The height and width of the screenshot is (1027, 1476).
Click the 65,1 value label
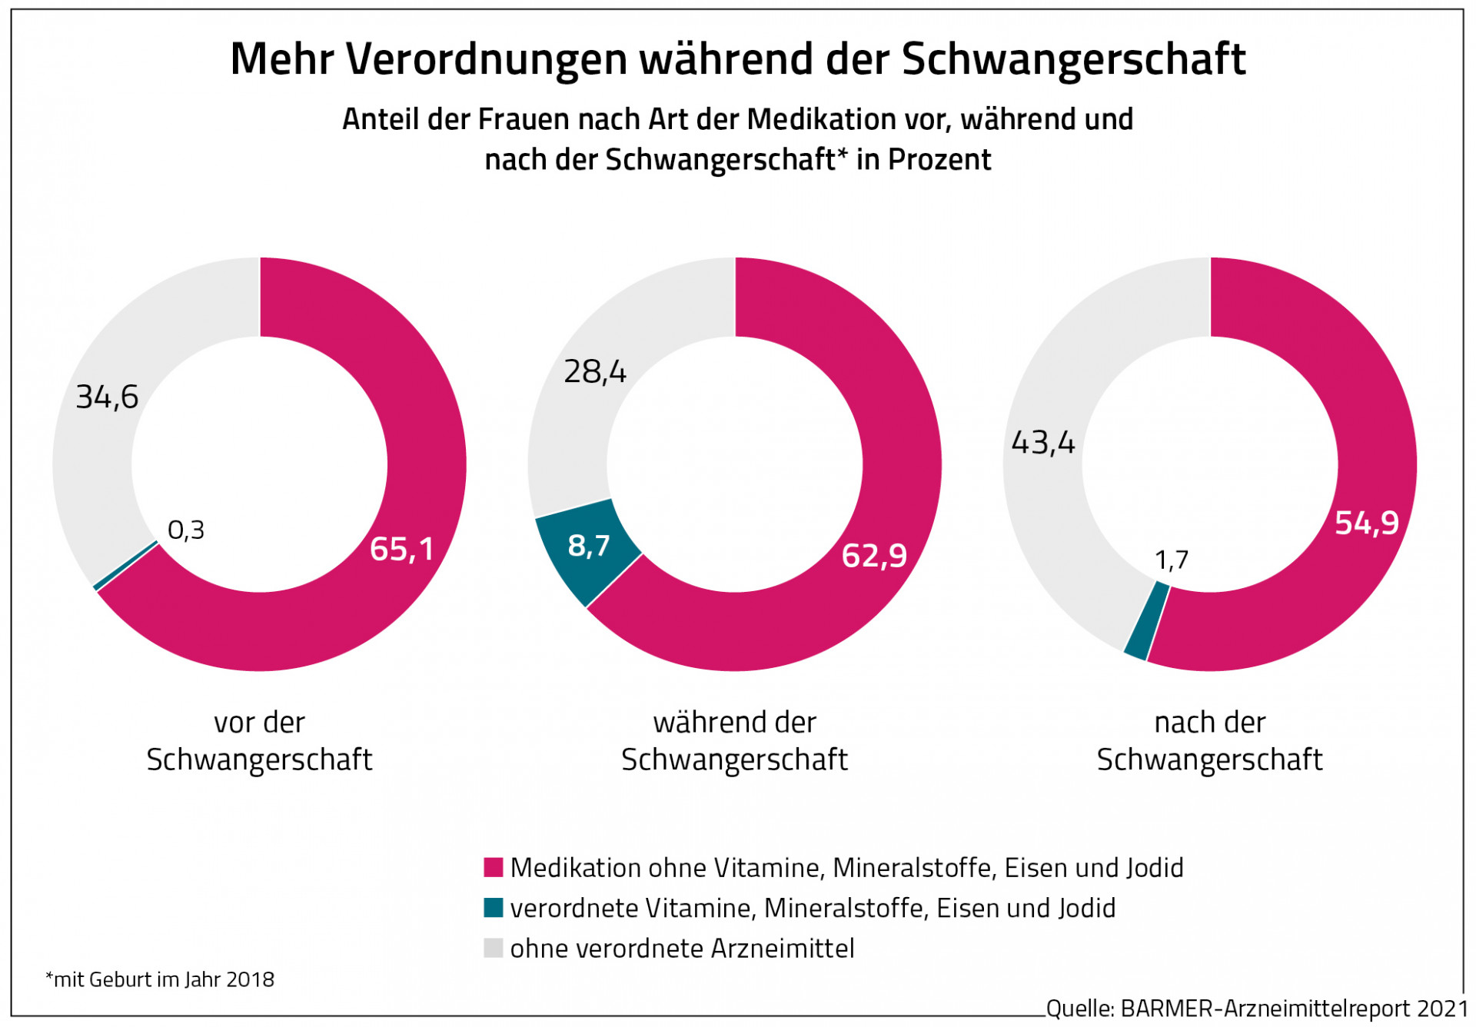[x=401, y=549]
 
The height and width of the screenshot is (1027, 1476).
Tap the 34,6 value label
[x=107, y=397]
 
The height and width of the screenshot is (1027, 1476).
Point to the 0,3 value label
[x=186, y=530]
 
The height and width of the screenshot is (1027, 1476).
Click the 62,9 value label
[x=874, y=555]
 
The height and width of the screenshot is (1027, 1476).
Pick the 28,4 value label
[x=595, y=372]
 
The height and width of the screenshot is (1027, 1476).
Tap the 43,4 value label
[x=1042, y=443]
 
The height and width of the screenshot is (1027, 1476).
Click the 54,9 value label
[x=1366, y=523]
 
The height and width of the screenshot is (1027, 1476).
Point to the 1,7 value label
[x=1172, y=560]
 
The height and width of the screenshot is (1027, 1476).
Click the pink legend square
[x=493, y=867]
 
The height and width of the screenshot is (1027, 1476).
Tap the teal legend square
[x=493, y=908]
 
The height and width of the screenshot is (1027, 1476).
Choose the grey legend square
[x=493, y=948]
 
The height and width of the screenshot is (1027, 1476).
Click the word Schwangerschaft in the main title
[x=1073, y=59]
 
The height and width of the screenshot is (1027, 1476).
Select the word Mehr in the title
[x=281, y=59]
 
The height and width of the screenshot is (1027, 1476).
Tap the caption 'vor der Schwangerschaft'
[x=259, y=741]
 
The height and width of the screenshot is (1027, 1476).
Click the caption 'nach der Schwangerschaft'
[x=1209, y=741]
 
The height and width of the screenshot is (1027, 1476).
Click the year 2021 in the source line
[x=1441, y=1008]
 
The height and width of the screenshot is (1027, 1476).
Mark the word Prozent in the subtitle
[x=939, y=160]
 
